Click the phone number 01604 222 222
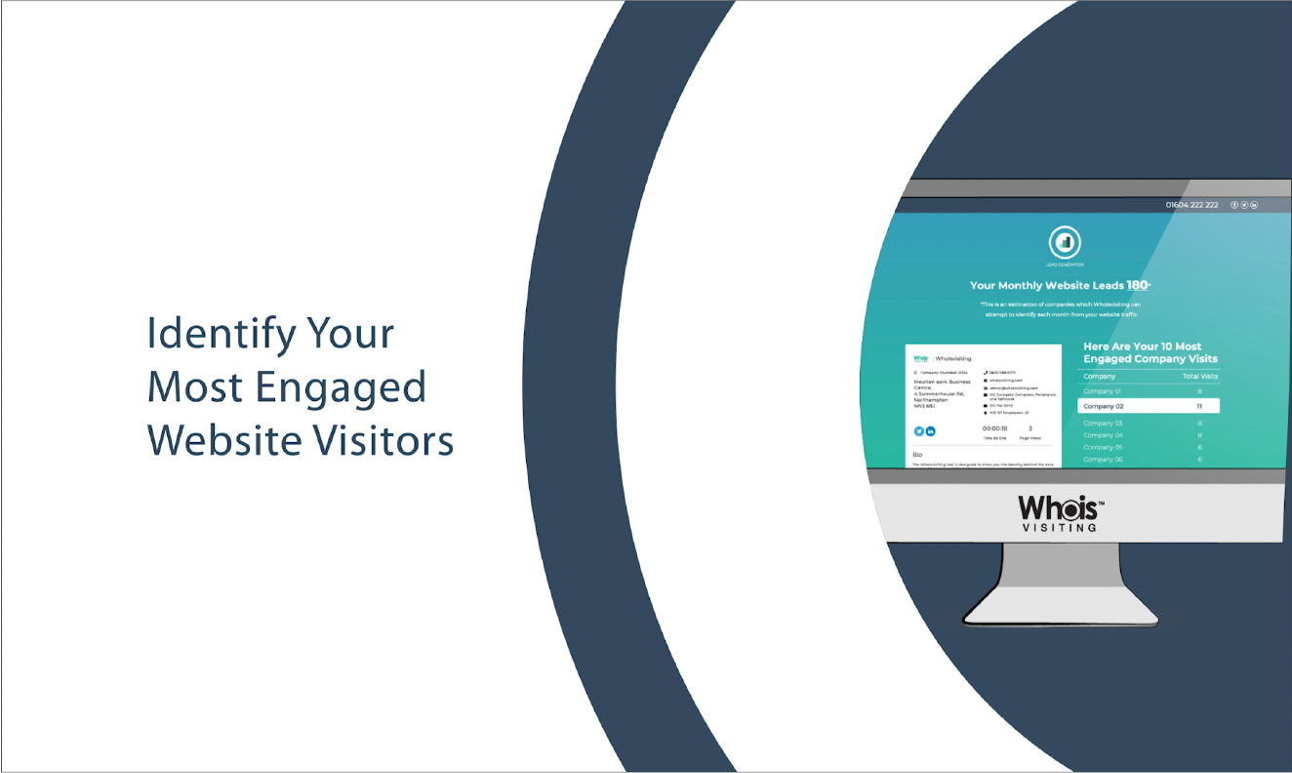pos(1191,205)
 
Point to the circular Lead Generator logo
pos(1066,243)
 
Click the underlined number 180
pos(1137,285)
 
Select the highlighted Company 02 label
pos(1104,406)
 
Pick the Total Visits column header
pos(1199,376)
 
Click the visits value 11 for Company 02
pos(1199,406)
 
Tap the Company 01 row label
pos(1102,390)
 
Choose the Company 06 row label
pos(1103,459)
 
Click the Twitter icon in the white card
pos(918,431)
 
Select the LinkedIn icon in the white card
pos(931,431)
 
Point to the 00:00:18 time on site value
pos(995,428)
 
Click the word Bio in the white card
pos(917,455)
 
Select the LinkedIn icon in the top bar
pos(1254,205)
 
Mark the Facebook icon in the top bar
pos(1234,205)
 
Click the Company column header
pos(1099,376)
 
